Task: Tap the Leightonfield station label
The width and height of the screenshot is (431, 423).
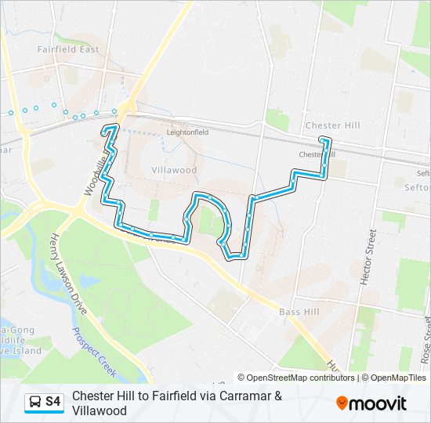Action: [x=187, y=132]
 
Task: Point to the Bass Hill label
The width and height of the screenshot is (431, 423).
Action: [x=295, y=312]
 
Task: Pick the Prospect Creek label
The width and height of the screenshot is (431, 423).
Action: [x=96, y=349]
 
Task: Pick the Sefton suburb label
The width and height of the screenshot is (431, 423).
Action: [x=418, y=188]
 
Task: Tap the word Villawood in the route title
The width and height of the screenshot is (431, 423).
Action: [x=100, y=410]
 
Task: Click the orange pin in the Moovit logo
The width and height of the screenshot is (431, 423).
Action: [x=342, y=403]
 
